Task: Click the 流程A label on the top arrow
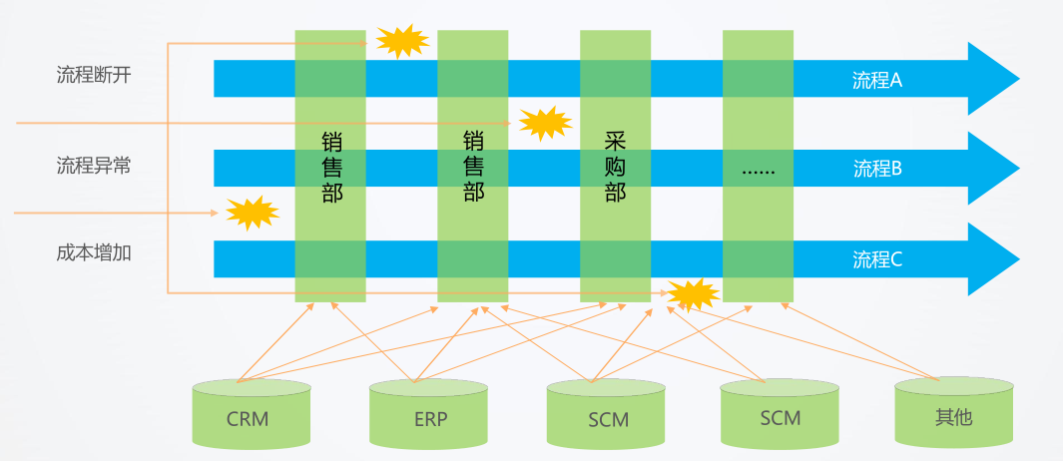pyautogui.click(x=876, y=80)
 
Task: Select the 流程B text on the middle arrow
pyautogui.click(x=876, y=169)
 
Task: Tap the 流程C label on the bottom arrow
pyautogui.click(x=876, y=259)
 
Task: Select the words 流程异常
pyautogui.click(x=94, y=166)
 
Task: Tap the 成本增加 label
pyautogui.click(x=94, y=253)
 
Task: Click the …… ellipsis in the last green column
pyautogui.click(x=758, y=170)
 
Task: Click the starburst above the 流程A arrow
pyautogui.click(x=402, y=41)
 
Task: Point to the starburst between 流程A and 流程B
pyautogui.click(x=545, y=123)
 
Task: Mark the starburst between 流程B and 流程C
pyautogui.click(x=251, y=212)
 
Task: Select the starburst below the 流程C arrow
pyautogui.click(x=693, y=293)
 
